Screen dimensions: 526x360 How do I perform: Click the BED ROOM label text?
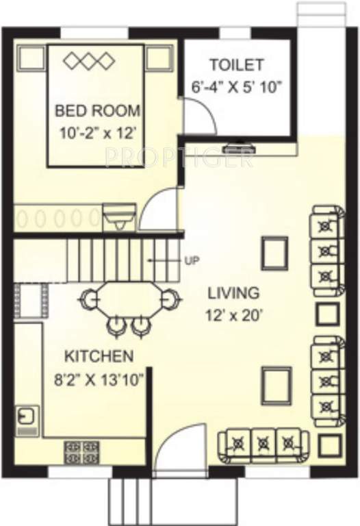tap(97, 110)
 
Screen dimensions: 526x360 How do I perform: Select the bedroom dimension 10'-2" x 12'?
tap(97, 129)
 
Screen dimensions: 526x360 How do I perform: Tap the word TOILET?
tap(236, 65)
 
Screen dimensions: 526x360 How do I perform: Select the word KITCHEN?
tap(99, 356)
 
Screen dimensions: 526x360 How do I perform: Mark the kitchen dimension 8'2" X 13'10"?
tap(99, 379)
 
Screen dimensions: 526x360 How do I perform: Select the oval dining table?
tap(129, 299)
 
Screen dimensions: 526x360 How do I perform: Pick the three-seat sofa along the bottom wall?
tap(260, 444)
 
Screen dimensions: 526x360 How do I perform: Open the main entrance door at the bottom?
tap(179, 449)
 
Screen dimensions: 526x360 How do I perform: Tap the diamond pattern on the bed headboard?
tap(88, 61)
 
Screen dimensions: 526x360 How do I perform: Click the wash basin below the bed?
tap(116, 217)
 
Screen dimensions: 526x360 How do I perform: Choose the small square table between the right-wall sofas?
tap(326, 314)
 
